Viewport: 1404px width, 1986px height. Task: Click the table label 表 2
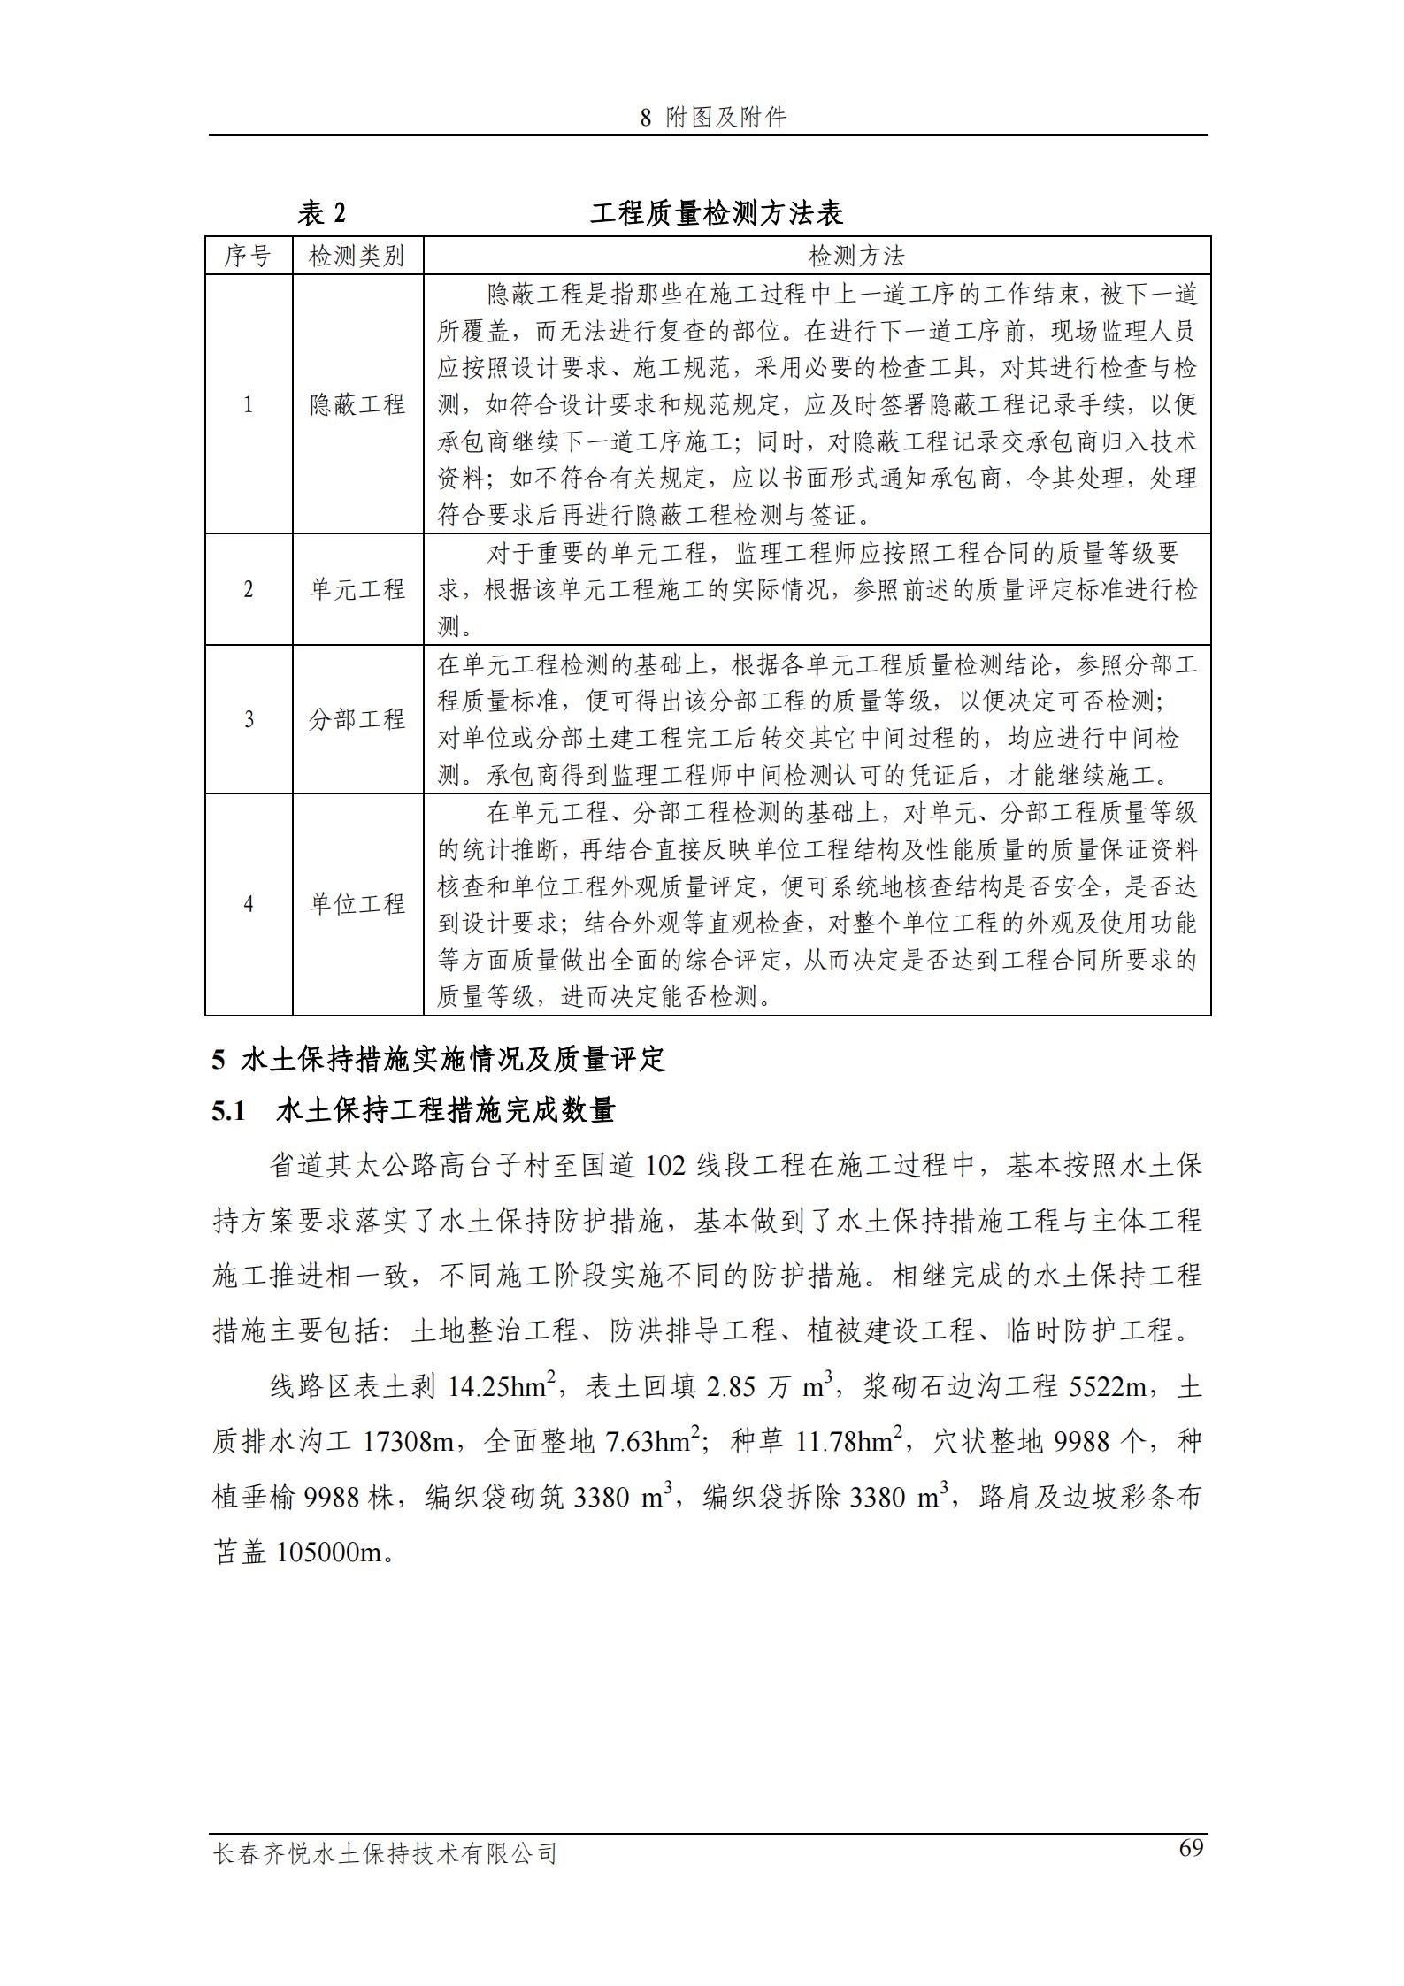(322, 213)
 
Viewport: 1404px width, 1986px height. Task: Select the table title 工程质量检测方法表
(717, 213)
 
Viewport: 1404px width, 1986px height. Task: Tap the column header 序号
(248, 257)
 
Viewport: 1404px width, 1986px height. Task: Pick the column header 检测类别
(357, 257)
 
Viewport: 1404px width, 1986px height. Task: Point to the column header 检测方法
(856, 257)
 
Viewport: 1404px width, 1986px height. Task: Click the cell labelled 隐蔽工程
(357, 405)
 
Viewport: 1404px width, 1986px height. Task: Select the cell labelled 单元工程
(357, 589)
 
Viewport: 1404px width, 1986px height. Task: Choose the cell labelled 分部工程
(357, 719)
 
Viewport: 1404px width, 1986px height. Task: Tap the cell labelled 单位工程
(357, 904)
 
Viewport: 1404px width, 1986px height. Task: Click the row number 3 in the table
(249, 719)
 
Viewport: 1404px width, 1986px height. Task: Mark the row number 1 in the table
(249, 405)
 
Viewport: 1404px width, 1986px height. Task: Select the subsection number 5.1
(228, 1111)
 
